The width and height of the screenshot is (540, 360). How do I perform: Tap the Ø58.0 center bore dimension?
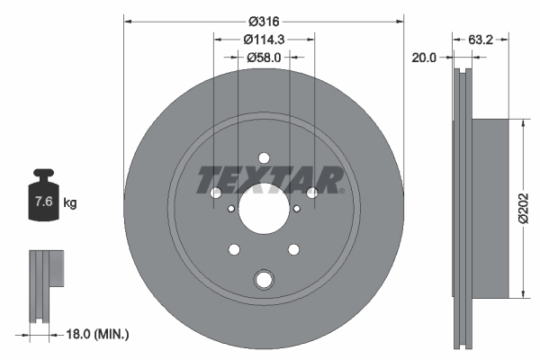[264, 57]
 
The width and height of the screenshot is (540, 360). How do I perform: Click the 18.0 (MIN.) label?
[98, 335]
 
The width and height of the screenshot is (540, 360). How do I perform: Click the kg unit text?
[70, 203]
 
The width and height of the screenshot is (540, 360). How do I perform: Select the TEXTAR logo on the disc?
[270, 180]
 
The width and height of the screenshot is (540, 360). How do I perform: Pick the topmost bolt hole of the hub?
[264, 154]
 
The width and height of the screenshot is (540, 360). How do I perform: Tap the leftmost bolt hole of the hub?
[215, 193]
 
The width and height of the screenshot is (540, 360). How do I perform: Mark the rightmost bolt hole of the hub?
[312, 193]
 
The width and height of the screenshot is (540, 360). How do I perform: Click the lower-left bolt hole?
[234, 249]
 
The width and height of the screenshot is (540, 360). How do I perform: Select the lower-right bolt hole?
[293, 249]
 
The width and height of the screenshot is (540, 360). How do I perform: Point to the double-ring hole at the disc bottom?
[264, 280]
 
